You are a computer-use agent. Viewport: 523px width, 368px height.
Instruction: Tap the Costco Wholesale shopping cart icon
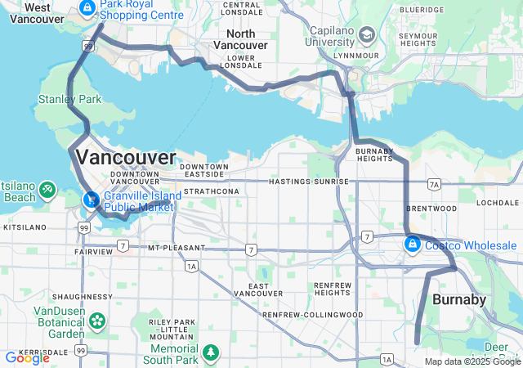pyautogui.click(x=413, y=244)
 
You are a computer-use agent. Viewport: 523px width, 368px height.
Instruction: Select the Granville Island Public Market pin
pyautogui.click(x=91, y=199)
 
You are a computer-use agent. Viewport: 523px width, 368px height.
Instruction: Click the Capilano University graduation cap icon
pyautogui.click(x=366, y=35)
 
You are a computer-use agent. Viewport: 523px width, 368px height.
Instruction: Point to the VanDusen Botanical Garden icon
pyautogui.click(x=98, y=319)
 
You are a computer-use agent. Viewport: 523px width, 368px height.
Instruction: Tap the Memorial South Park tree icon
pyautogui.click(x=212, y=352)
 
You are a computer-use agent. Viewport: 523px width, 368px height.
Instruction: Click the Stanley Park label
pyautogui.click(x=69, y=99)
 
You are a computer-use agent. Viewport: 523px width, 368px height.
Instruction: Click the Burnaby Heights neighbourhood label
pyautogui.click(x=374, y=155)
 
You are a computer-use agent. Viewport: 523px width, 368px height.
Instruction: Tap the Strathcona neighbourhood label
pyautogui.click(x=200, y=191)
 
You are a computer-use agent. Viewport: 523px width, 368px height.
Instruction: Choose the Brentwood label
pyautogui.click(x=431, y=209)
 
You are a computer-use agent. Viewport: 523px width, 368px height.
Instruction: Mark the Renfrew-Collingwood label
pyautogui.click(x=312, y=314)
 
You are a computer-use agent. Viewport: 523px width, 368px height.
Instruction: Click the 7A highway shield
pyautogui.click(x=434, y=185)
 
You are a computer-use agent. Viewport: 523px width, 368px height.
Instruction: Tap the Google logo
pyautogui.click(x=27, y=357)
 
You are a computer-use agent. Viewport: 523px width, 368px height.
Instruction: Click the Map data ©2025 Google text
pyautogui.click(x=472, y=361)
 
